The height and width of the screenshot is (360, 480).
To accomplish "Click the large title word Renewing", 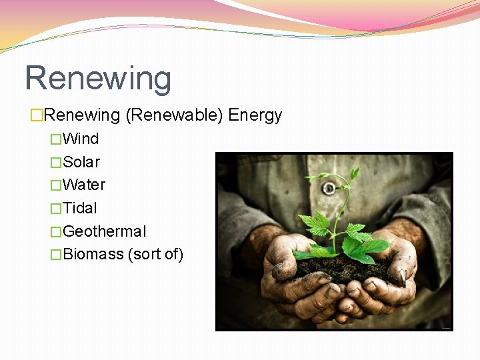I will pyautogui.click(x=98, y=78).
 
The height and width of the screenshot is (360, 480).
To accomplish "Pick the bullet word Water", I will pyautogui.click(x=84, y=185).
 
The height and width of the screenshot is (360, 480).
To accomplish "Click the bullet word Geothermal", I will pyautogui.click(x=104, y=231).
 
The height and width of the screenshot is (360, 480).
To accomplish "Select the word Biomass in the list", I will pyautogui.click(x=93, y=254).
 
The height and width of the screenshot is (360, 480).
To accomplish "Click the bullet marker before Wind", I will pyautogui.click(x=55, y=139).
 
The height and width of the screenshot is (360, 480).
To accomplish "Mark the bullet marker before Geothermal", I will pyautogui.click(x=55, y=232).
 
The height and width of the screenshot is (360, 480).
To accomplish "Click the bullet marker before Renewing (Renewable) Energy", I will pyautogui.click(x=36, y=116).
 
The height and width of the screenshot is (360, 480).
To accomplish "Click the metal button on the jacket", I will pyautogui.click(x=328, y=188).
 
